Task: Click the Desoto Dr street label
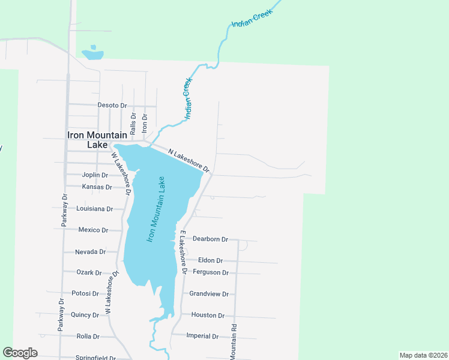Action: (x=112, y=105)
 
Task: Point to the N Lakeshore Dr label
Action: (x=188, y=160)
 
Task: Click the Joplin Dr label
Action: (x=95, y=175)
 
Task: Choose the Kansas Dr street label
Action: (x=97, y=187)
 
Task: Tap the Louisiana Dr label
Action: (x=95, y=209)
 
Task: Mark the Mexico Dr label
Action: (x=93, y=230)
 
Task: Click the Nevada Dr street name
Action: (x=90, y=252)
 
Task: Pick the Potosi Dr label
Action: (x=85, y=293)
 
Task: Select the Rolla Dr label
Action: (x=88, y=337)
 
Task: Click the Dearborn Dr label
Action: (x=210, y=239)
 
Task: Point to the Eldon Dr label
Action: (x=210, y=260)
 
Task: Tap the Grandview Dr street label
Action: (x=209, y=294)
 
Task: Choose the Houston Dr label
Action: (x=208, y=315)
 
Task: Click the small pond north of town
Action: (x=93, y=55)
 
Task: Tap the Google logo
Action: (x=20, y=353)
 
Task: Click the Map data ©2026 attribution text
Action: (x=423, y=355)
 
